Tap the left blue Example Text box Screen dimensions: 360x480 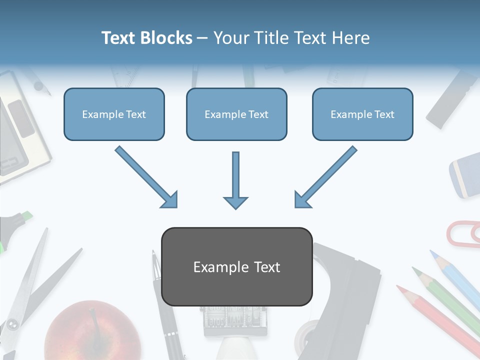(x=114, y=114)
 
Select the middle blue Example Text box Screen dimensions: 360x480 (x=236, y=114)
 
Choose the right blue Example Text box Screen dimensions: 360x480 (x=362, y=114)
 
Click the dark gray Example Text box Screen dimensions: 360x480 (x=236, y=266)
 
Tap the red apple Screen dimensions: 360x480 (x=92, y=332)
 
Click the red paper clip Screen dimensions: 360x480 (x=462, y=233)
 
